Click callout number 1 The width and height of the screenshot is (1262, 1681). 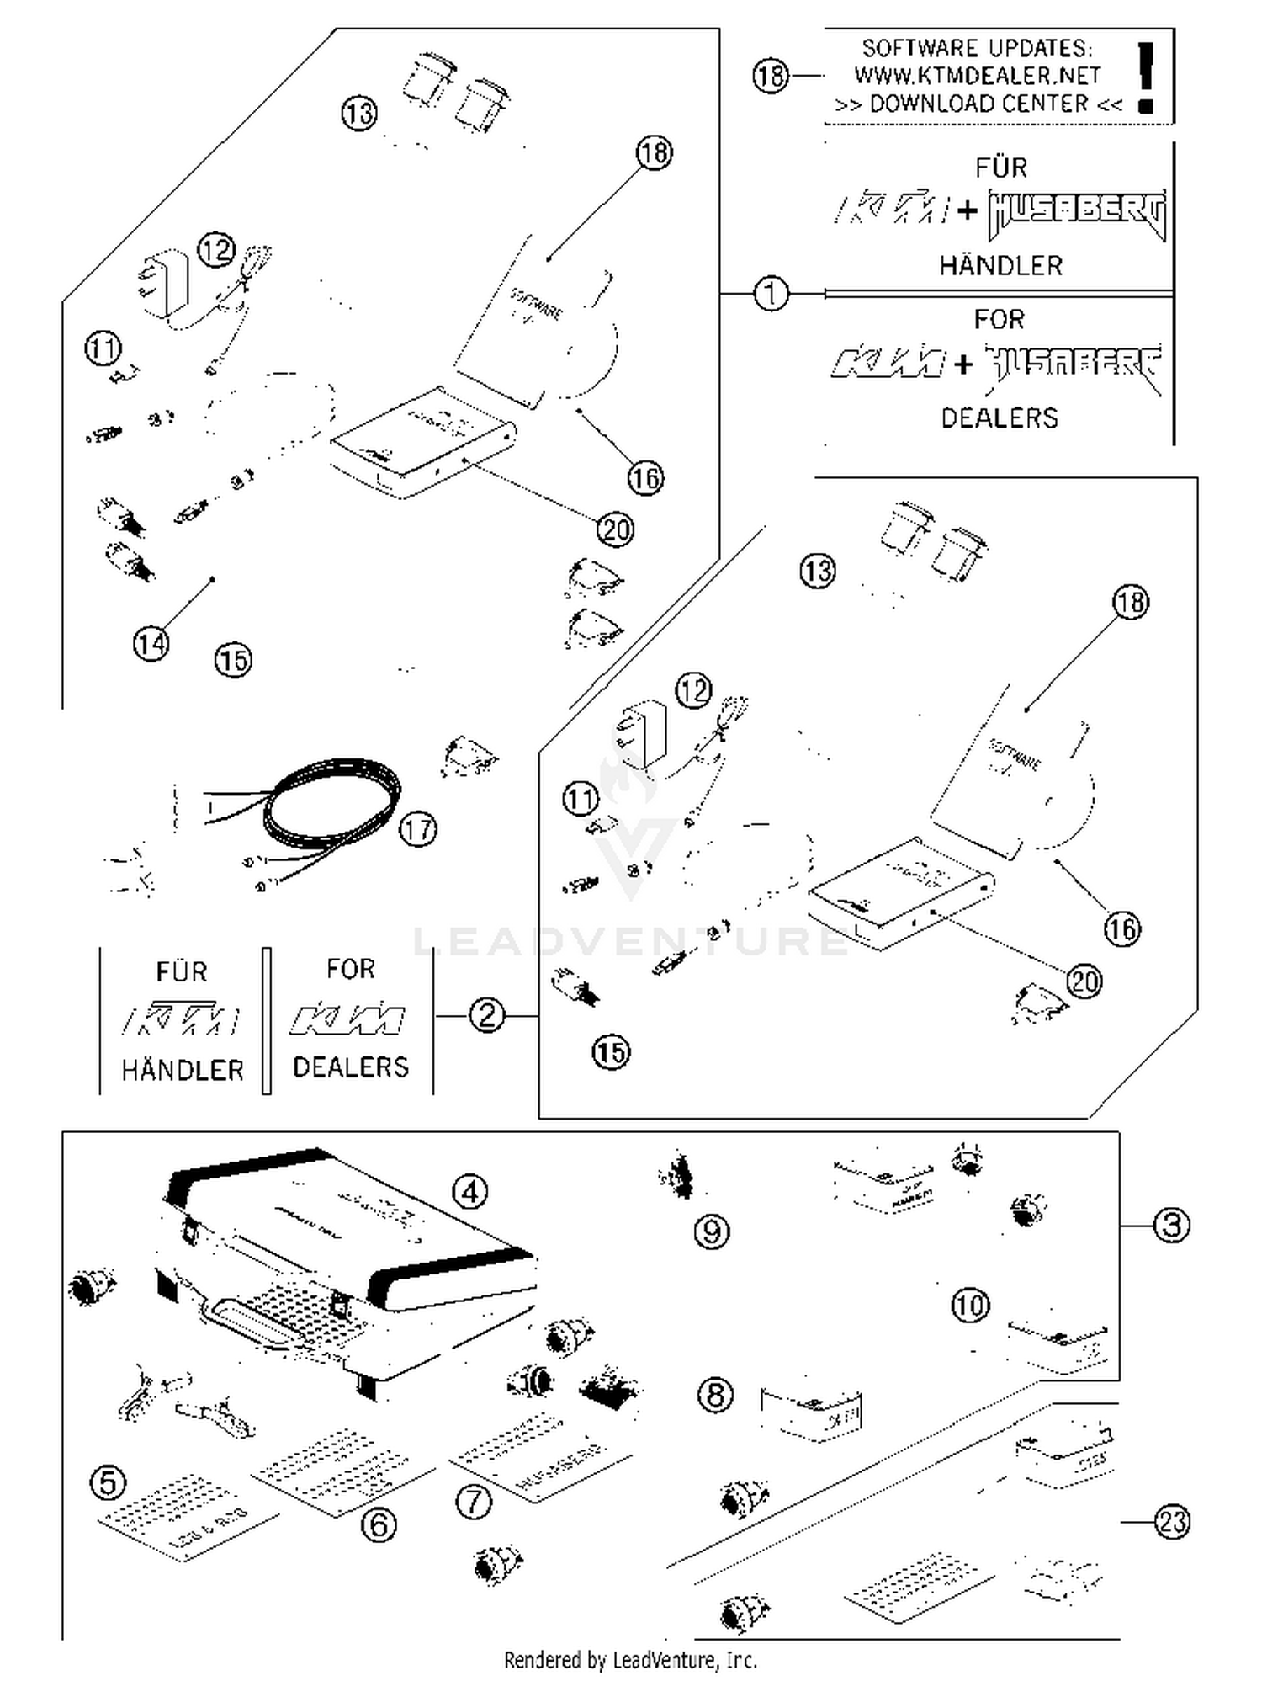(x=771, y=294)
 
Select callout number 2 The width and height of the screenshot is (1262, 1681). (x=487, y=1015)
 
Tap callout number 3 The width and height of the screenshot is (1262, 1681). (x=1171, y=1225)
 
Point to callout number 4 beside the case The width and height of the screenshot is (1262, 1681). (x=469, y=1191)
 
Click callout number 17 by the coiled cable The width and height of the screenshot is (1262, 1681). (x=418, y=829)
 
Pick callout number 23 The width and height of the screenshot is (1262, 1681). (x=1171, y=1522)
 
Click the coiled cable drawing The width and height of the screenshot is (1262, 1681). (x=332, y=804)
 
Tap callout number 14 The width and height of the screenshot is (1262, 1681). (x=151, y=644)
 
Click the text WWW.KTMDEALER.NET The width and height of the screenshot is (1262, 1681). (x=977, y=76)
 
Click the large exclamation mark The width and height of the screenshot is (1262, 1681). (x=1144, y=76)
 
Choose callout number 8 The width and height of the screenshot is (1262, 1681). (x=715, y=1395)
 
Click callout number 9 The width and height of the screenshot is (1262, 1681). (x=712, y=1231)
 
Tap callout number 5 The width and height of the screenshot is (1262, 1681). (x=109, y=1483)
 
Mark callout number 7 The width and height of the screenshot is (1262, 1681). (x=473, y=1502)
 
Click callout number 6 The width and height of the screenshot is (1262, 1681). (x=378, y=1524)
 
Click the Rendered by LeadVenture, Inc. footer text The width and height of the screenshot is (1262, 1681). (x=630, y=1660)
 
